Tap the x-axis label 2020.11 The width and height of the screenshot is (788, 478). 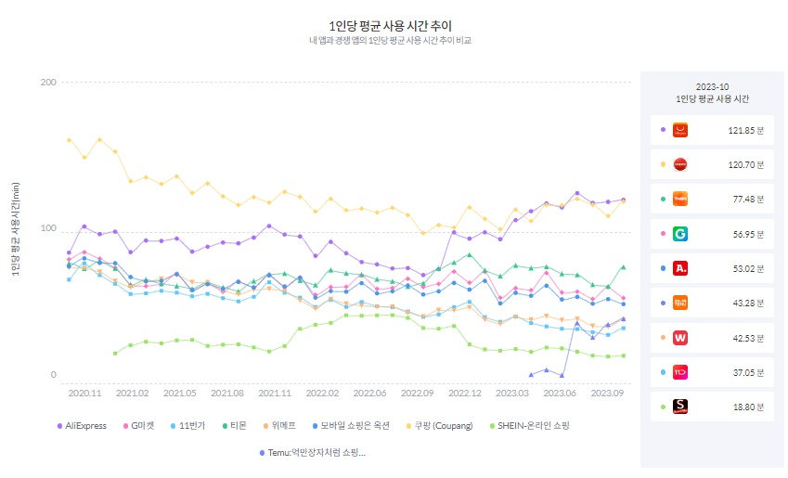click(84, 394)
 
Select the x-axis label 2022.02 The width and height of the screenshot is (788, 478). click(322, 394)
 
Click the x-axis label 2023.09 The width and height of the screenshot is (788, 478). click(608, 394)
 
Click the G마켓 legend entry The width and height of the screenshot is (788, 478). click(143, 425)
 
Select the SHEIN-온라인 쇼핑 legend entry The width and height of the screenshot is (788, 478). click(532, 425)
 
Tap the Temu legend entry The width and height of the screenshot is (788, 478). click(313, 453)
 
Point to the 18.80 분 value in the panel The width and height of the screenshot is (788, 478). click(747, 407)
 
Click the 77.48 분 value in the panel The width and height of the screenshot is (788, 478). click(747, 200)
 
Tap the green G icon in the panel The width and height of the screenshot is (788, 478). click(680, 234)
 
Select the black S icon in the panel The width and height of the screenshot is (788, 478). click(680, 407)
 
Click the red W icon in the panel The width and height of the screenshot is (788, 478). click(680, 337)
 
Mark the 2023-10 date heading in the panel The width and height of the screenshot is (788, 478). click(713, 85)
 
